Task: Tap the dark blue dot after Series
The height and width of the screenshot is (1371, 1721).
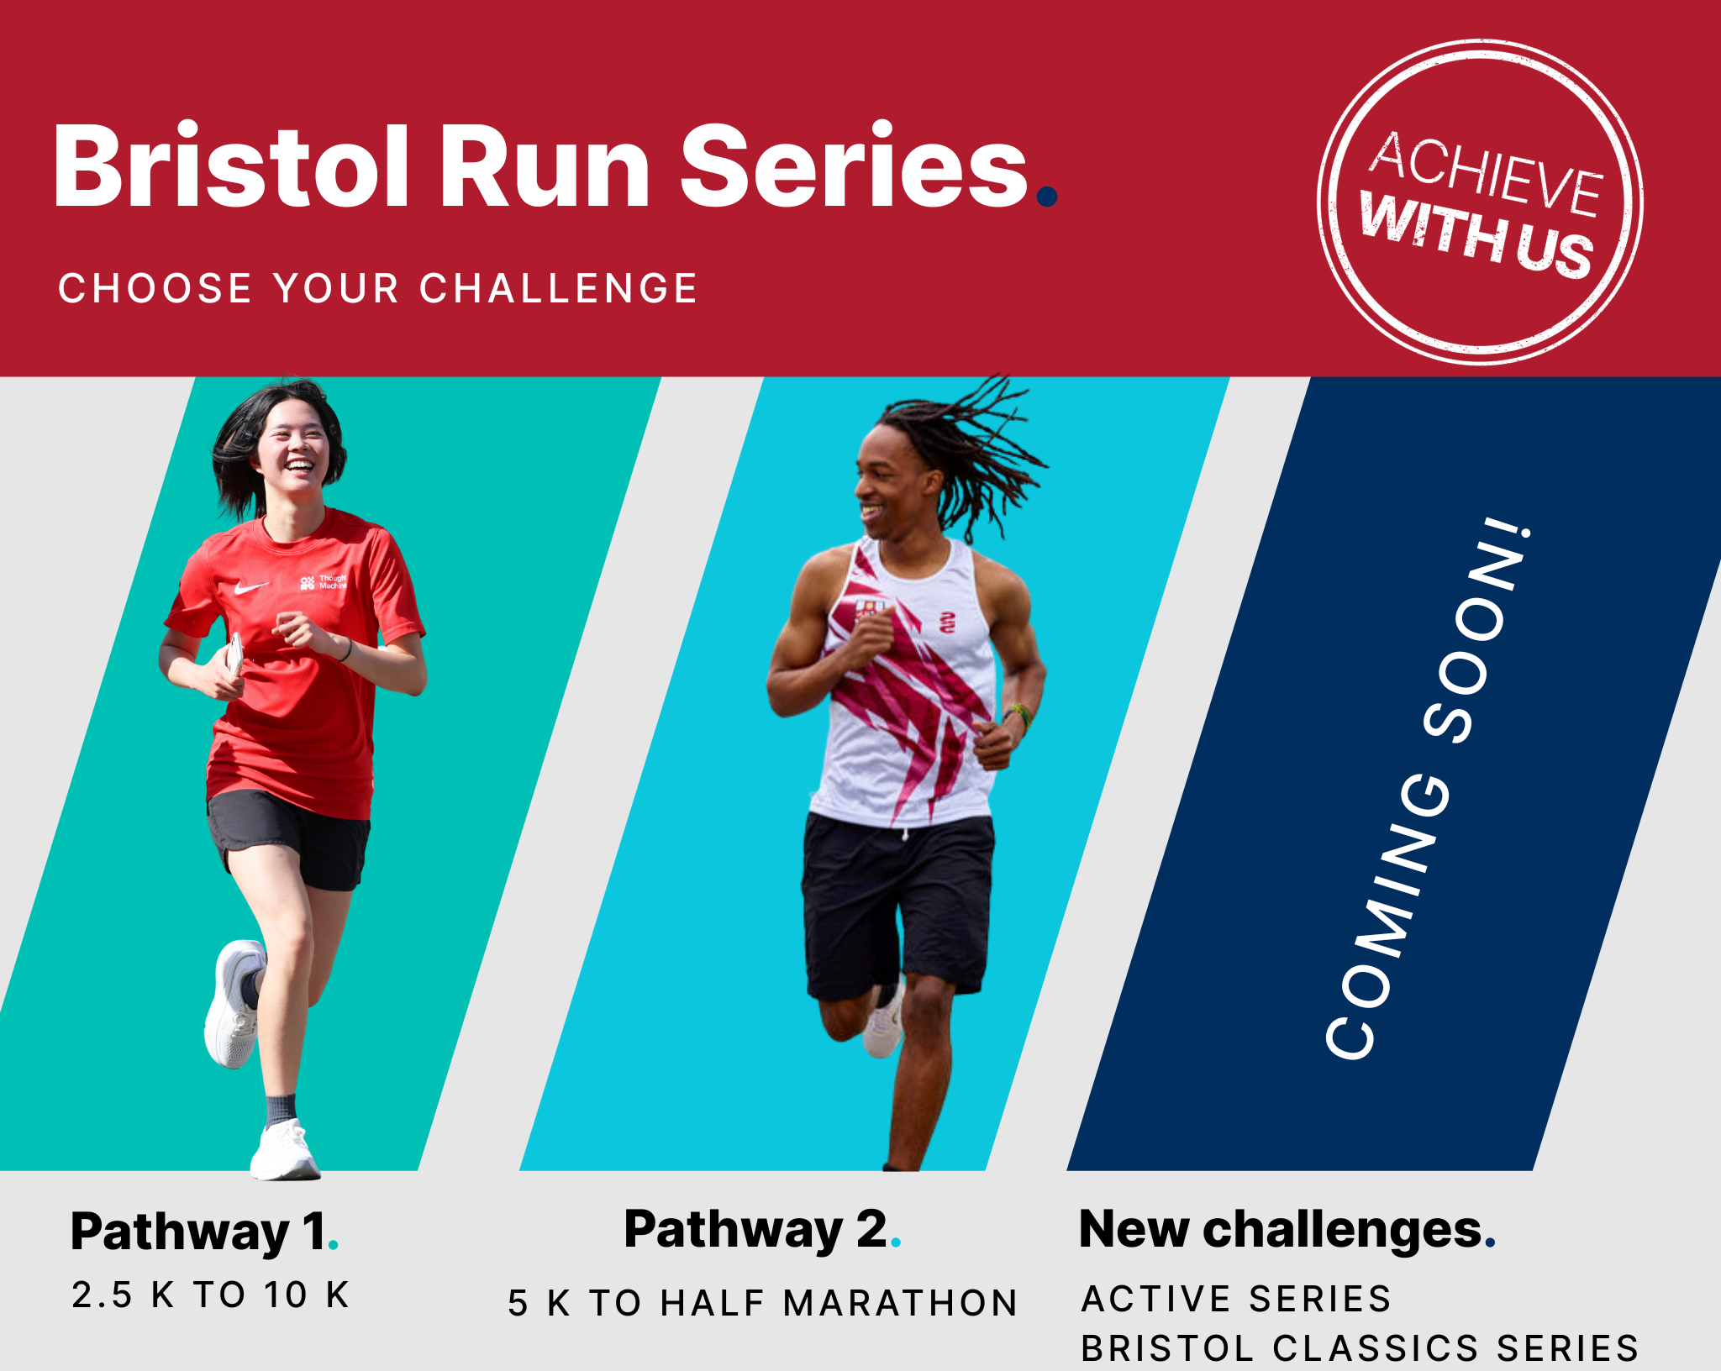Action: (x=1047, y=197)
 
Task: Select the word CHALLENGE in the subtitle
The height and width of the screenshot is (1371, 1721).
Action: (x=559, y=288)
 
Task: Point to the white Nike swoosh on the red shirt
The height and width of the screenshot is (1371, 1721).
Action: (x=250, y=587)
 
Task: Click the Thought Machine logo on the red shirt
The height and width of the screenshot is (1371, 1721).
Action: (x=324, y=581)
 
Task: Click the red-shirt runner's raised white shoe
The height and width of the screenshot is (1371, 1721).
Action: (x=234, y=1004)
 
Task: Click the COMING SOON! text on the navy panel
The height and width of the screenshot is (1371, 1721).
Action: (x=1429, y=790)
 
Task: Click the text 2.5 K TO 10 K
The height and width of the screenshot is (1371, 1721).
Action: (x=211, y=1295)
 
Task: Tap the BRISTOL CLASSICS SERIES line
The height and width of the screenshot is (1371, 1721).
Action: (x=1360, y=1347)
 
